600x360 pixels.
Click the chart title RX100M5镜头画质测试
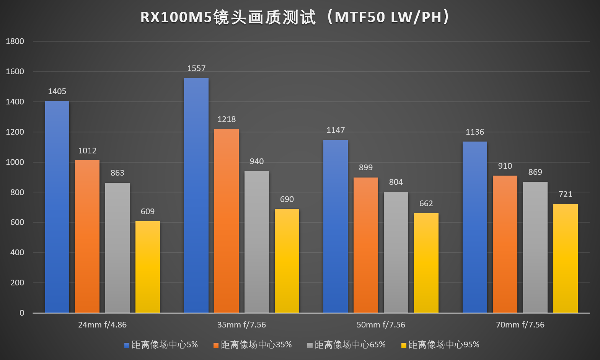coord(295,18)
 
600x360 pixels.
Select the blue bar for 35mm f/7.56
coord(196,195)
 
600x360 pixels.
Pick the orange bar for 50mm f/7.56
coord(366,245)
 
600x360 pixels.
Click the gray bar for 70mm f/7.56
coord(535,247)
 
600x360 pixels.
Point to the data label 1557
coord(196,68)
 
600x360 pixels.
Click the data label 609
coord(148,212)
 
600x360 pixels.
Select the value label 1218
coord(227,119)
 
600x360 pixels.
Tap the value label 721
coord(565,194)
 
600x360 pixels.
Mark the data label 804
coord(396,182)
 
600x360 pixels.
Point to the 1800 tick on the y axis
coord(15,41)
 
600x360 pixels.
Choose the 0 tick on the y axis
coord(22,313)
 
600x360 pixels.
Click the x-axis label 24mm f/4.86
coord(102,325)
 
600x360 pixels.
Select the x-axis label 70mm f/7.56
coord(520,325)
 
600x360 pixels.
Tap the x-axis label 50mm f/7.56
coord(381,325)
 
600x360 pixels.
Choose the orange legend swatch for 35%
coord(216,345)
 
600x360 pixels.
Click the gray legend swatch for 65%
coord(310,345)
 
